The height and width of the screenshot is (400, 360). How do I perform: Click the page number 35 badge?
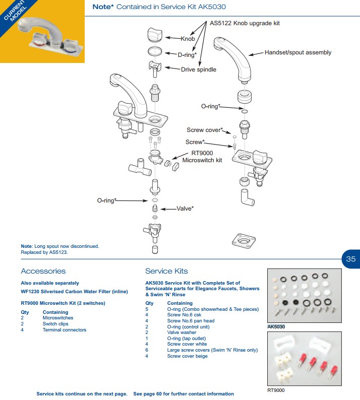coord(351,259)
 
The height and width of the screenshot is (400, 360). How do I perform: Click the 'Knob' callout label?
coord(188,39)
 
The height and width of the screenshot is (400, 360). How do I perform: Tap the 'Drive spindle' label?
coord(199,70)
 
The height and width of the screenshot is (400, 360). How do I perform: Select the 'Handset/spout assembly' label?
coord(298,52)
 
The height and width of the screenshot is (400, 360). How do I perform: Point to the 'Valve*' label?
coord(185,208)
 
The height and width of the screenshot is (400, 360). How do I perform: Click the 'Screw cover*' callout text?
coord(204,130)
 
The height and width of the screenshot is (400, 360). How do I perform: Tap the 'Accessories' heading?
coord(43,271)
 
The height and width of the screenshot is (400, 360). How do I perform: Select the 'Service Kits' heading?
coord(166,271)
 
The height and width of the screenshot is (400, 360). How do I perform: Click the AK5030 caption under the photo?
coord(276,326)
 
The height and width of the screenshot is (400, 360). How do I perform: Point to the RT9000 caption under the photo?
coord(276,390)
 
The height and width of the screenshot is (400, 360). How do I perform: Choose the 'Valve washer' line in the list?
coord(182,332)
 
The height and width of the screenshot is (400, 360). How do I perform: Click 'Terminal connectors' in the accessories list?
coord(64,330)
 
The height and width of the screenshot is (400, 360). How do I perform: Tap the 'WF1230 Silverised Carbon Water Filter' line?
coord(74,291)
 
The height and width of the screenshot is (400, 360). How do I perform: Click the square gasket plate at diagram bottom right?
coord(245,242)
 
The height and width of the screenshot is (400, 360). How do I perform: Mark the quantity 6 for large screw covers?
coord(147,350)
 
